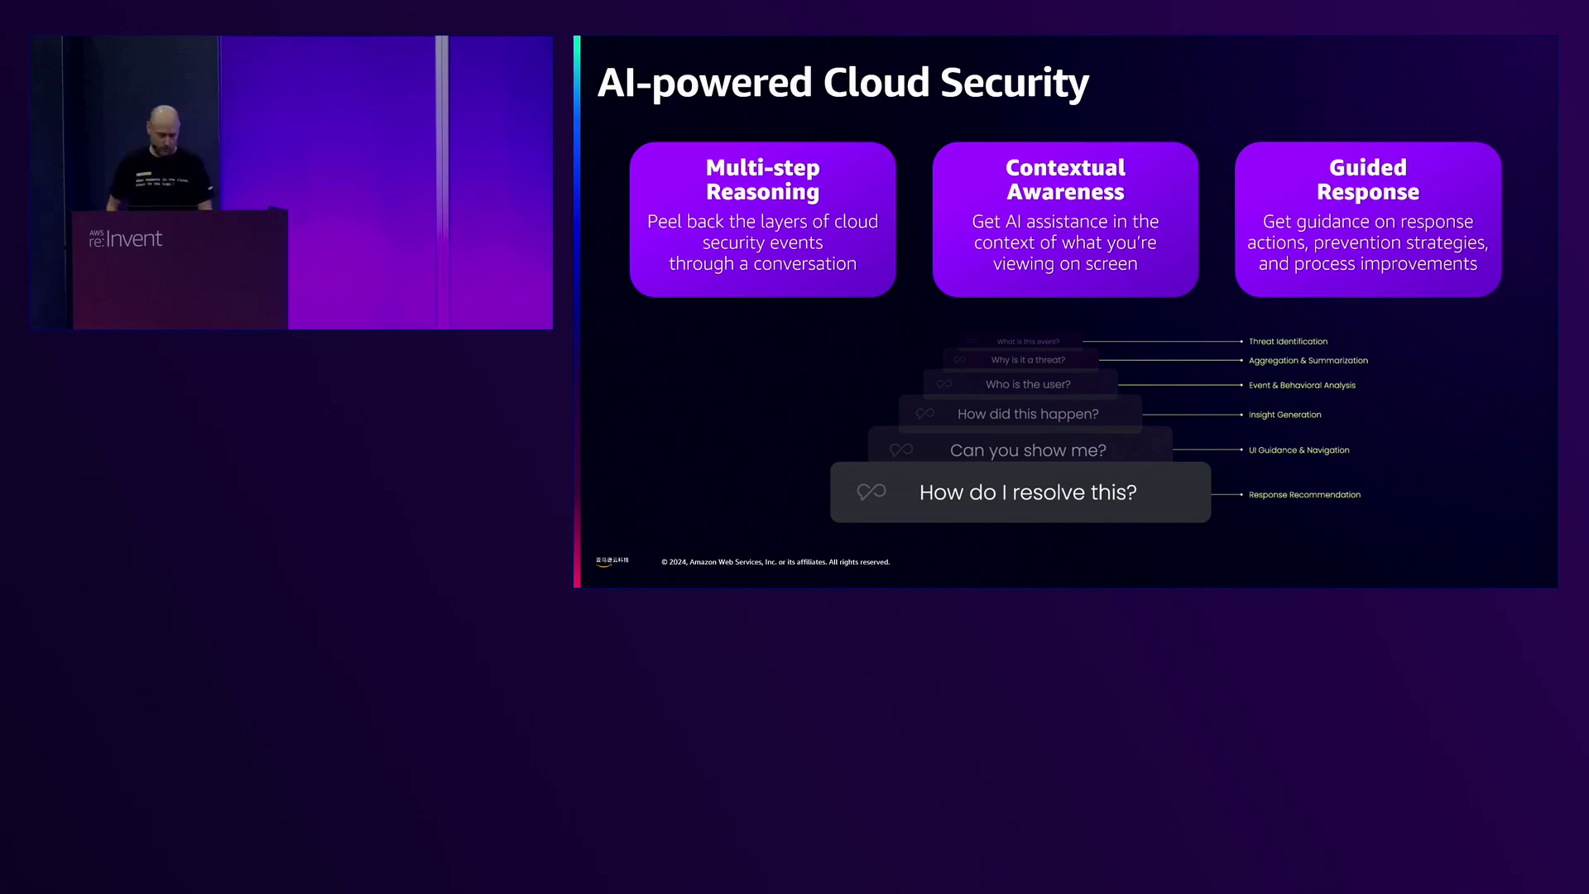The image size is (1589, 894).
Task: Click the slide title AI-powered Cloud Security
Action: pyautogui.click(x=843, y=83)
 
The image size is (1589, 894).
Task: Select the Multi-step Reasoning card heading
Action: pyautogui.click(x=762, y=180)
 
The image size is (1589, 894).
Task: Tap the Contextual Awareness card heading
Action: pyautogui.click(x=1065, y=180)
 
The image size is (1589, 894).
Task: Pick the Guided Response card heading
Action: pyautogui.click(x=1367, y=180)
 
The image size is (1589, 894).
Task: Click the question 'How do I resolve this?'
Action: pyautogui.click(x=1028, y=493)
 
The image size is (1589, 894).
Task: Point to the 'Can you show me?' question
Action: pyautogui.click(x=1028, y=450)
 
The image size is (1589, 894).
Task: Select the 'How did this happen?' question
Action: pyautogui.click(x=1028, y=414)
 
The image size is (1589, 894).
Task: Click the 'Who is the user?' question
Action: pyautogui.click(x=1028, y=384)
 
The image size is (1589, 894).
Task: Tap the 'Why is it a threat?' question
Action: pyautogui.click(x=1028, y=360)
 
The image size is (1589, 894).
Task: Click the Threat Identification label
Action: pyautogui.click(x=1288, y=341)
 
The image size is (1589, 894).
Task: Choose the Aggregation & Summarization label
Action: pyautogui.click(x=1308, y=360)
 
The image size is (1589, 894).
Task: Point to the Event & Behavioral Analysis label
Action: pyautogui.click(x=1302, y=385)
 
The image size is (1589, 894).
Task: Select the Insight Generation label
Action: pyautogui.click(x=1284, y=415)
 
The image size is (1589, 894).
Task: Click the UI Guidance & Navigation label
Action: pyautogui.click(x=1299, y=450)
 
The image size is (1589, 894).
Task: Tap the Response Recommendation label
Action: pyautogui.click(x=1304, y=495)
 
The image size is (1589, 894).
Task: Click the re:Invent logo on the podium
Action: pyautogui.click(x=126, y=239)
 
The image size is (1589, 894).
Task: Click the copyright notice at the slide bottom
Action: pyautogui.click(x=775, y=562)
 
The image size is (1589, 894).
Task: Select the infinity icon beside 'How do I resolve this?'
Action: pyautogui.click(x=871, y=493)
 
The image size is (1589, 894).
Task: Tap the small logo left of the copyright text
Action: pyautogui.click(x=612, y=561)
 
